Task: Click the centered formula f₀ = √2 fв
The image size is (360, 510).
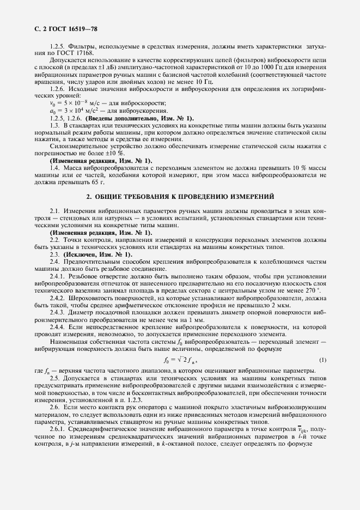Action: tap(179, 360)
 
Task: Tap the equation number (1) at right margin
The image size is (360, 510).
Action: tap(322, 360)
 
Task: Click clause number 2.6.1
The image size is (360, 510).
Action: tap(57, 429)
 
